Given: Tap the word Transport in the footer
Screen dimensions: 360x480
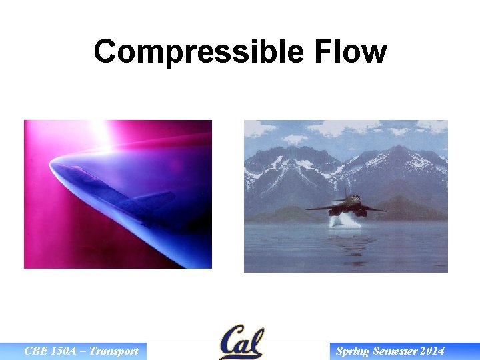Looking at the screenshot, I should pos(114,351).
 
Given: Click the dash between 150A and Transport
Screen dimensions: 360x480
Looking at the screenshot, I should pos(85,351).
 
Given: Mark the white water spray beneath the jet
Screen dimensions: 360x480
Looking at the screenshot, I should pos(345,221).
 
